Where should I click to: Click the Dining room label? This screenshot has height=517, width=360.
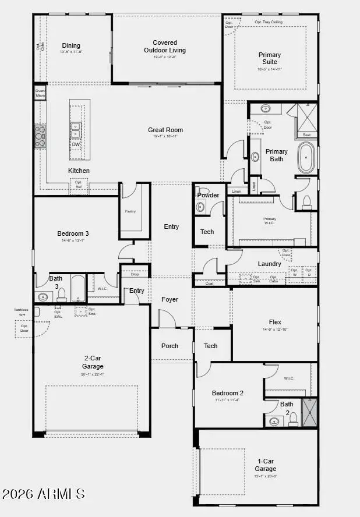click(x=71, y=46)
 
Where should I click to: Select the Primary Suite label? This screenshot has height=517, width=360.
click(x=270, y=58)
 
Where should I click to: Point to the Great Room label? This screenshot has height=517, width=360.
click(x=165, y=130)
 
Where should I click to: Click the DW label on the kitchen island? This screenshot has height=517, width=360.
click(x=76, y=144)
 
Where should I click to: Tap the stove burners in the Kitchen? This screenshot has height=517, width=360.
click(x=40, y=136)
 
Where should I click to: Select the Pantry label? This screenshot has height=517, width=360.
click(x=130, y=211)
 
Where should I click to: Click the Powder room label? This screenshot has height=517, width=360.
click(x=208, y=195)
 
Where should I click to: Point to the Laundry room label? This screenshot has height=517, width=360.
click(x=269, y=264)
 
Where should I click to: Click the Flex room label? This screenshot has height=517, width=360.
click(x=275, y=322)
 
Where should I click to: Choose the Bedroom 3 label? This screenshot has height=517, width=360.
click(x=73, y=233)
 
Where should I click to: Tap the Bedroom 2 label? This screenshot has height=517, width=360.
click(x=227, y=393)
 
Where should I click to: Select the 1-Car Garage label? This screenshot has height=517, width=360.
click(x=265, y=465)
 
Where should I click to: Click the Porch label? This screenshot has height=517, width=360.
click(x=170, y=346)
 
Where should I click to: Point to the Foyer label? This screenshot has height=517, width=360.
click(x=170, y=299)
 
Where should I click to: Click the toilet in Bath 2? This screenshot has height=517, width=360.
click(x=293, y=419)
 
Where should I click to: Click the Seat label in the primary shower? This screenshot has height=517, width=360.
click(x=306, y=134)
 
